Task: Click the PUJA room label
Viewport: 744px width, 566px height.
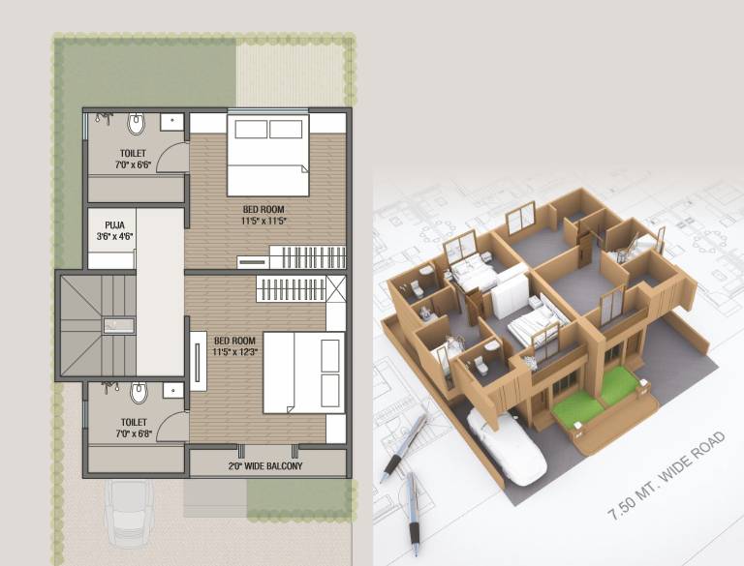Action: click(x=115, y=225)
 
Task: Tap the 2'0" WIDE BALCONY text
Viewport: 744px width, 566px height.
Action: click(x=265, y=466)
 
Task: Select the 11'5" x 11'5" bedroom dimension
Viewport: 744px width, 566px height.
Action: click(x=263, y=221)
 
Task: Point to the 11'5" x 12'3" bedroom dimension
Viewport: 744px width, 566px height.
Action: click(x=234, y=352)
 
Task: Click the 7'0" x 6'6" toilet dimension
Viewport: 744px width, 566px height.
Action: click(x=133, y=165)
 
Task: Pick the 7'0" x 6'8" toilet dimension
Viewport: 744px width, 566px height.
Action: click(x=134, y=433)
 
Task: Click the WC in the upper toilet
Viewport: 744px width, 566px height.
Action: click(x=136, y=124)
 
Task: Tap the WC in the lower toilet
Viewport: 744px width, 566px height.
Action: click(x=139, y=393)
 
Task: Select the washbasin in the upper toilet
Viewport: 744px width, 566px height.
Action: click(x=171, y=122)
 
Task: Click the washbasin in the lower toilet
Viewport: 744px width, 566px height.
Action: click(x=173, y=390)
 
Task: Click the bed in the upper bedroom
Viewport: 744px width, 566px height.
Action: click(x=268, y=154)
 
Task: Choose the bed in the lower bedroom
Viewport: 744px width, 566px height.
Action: click(x=303, y=372)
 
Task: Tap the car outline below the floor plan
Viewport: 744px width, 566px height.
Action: click(x=129, y=513)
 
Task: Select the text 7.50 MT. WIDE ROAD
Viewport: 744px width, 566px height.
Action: click(x=667, y=475)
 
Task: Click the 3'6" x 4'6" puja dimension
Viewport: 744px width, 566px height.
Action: click(x=115, y=236)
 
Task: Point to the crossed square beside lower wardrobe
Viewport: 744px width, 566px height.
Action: click(x=336, y=288)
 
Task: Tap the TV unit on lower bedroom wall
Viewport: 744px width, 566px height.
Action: click(x=199, y=361)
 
